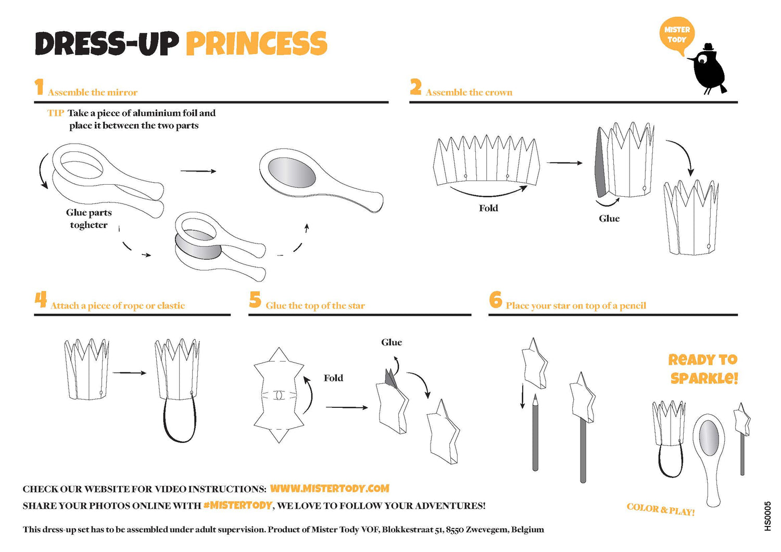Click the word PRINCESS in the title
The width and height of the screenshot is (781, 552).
click(x=257, y=43)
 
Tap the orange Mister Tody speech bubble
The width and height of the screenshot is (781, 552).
click(x=677, y=35)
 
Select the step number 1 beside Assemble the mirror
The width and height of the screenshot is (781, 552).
click(x=39, y=87)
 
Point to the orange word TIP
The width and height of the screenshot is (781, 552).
click(x=56, y=113)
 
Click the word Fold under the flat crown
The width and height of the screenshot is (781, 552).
click(x=488, y=208)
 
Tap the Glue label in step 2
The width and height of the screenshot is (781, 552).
click(x=609, y=219)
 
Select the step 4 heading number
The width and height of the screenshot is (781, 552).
click(x=41, y=300)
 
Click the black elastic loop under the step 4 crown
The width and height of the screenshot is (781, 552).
click(x=180, y=424)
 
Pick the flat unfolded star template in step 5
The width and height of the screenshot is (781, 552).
click(x=279, y=395)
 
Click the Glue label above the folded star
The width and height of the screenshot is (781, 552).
click(x=392, y=342)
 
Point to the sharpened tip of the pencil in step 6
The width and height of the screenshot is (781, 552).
click(x=535, y=399)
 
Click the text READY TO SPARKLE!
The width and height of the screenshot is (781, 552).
click(x=703, y=369)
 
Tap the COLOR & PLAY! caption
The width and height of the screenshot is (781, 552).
click(x=660, y=509)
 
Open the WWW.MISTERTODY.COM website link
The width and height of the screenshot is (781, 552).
click(x=330, y=489)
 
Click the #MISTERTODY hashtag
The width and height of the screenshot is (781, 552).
click(x=237, y=505)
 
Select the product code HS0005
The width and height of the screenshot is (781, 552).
click(x=768, y=516)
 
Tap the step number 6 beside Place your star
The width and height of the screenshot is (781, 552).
click(x=495, y=300)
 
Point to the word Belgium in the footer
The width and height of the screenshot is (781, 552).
click(x=527, y=530)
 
